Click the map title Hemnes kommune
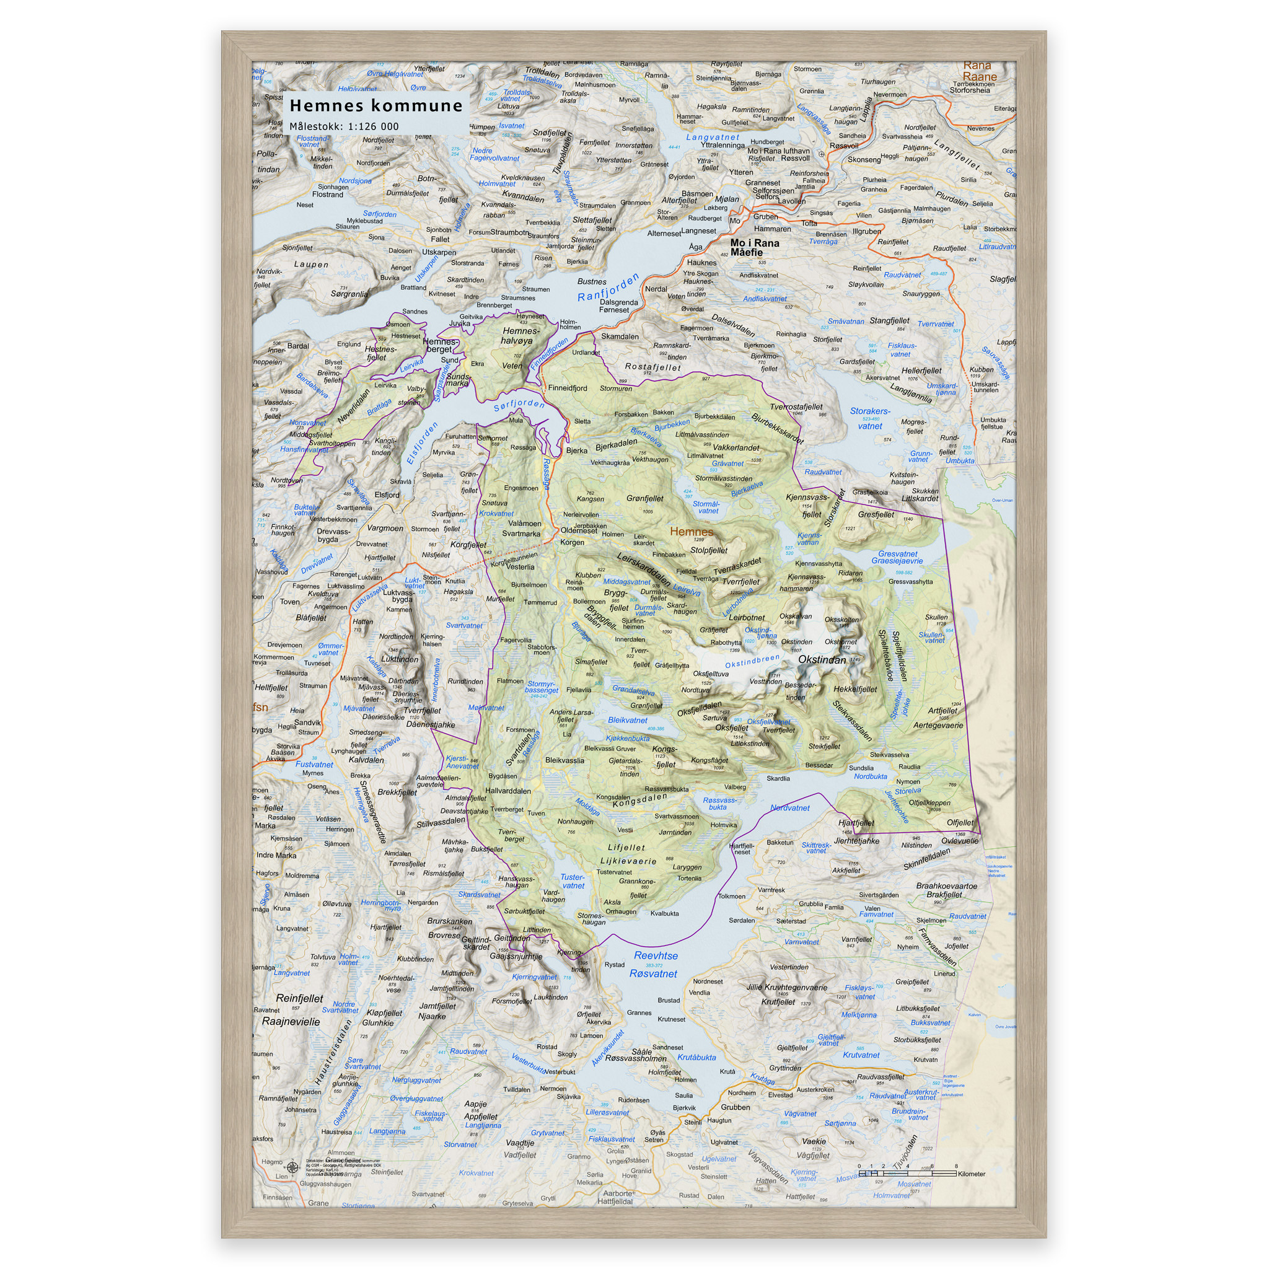pos(375,106)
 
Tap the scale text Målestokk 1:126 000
pos(343,127)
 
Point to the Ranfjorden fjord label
pos(608,288)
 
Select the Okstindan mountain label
pos(822,659)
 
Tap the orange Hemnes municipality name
pos(691,532)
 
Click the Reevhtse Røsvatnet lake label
pos(655,965)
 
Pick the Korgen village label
pos(572,543)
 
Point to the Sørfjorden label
pos(519,403)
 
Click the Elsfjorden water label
pos(422,444)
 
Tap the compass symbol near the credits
pos(293,1167)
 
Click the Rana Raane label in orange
pos(978,71)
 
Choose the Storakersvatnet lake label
pos(869,418)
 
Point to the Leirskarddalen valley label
pos(644,569)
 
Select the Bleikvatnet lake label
pos(627,721)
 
